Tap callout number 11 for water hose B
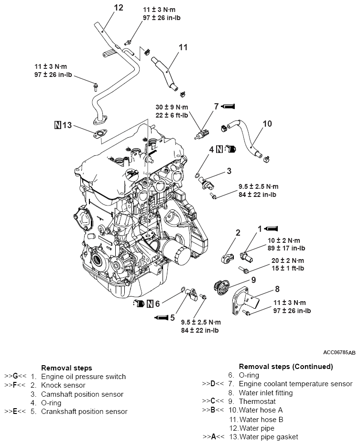tap(183, 47)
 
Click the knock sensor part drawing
tap(227, 256)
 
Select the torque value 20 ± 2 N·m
tap(282, 260)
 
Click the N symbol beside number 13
tap(58, 125)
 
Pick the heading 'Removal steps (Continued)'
tap(285, 367)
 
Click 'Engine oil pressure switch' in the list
tap(83, 377)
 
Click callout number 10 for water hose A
tap(267, 124)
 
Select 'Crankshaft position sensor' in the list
tap(84, 411)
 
